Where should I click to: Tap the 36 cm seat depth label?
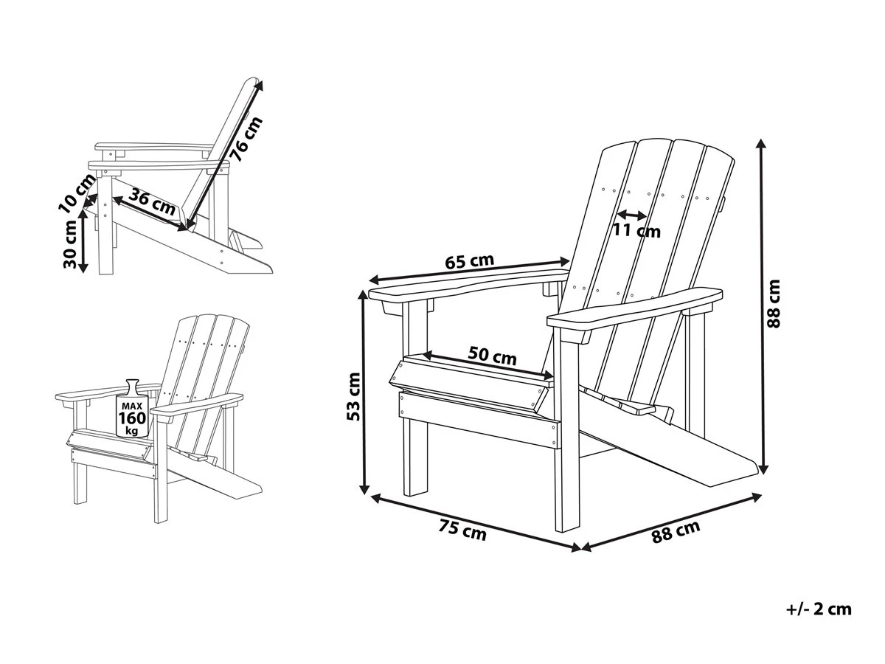153,201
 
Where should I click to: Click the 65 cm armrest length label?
469,262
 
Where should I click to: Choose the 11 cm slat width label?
636,231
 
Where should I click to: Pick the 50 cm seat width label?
493,357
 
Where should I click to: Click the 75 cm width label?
462,530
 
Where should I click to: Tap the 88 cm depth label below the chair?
676,531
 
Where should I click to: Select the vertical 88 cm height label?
774,302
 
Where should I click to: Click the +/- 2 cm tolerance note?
819,609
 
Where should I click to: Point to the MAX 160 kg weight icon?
133,410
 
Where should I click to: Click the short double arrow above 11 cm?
631,215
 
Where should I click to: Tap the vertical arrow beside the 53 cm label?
363,392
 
